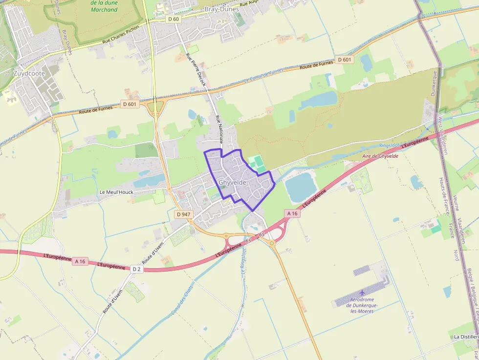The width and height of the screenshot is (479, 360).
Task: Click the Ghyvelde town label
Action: point(233,183)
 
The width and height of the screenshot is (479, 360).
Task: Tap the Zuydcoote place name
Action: point(29,74)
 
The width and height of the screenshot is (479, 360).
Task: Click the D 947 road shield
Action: point(183,214)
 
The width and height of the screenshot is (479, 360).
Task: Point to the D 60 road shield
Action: point(173,19)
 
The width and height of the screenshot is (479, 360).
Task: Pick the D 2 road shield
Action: point(136,269)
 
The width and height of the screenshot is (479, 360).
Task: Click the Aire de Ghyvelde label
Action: point(380,156)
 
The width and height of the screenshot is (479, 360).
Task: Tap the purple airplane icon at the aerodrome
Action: point(362,293)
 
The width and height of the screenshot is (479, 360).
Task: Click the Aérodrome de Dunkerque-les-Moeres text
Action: point(362,305)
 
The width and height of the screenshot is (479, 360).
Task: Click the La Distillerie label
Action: point(466,337)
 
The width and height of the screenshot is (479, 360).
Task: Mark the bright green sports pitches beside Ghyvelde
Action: point(258,164)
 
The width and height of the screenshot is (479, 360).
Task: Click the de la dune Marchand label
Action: point(104,6)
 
